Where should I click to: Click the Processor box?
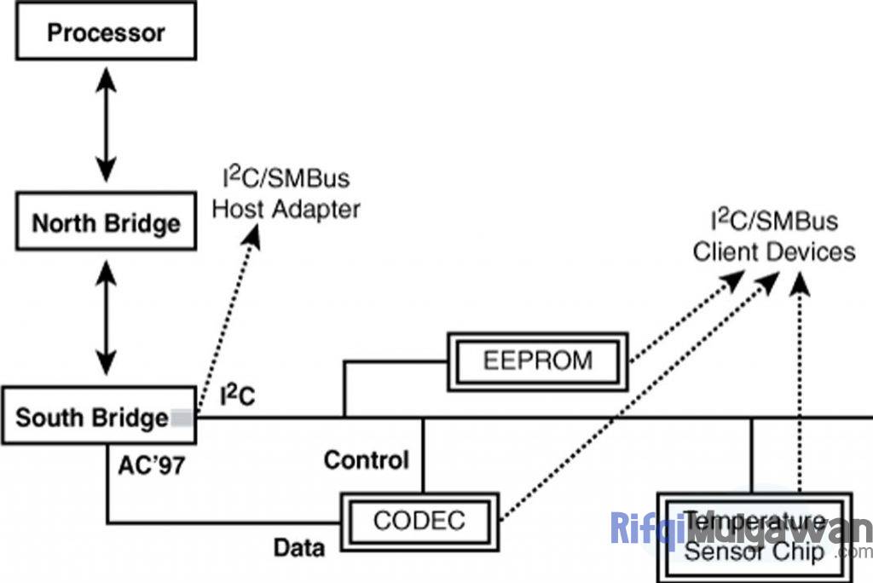pyautogui.click(x=106, y=34)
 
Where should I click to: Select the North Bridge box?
pyautogui.click(x=106, y=224)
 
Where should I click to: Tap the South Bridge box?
pyautogui.click(x=98, y=418)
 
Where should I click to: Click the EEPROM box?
pyautogui.click(x=536, y=360)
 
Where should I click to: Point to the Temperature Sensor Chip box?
pyautogui.click(x=754, y=537)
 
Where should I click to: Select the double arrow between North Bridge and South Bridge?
pyautogui.click(x=106, y=317)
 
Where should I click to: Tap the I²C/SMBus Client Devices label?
pyautogui.click(x=773, y=237)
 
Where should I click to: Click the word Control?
pyautogui.click(x=367, y=461)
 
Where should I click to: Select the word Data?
pyautogui.click(x=299, y=547)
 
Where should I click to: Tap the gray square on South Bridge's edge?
pyautogui.click(x=182, y=418)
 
